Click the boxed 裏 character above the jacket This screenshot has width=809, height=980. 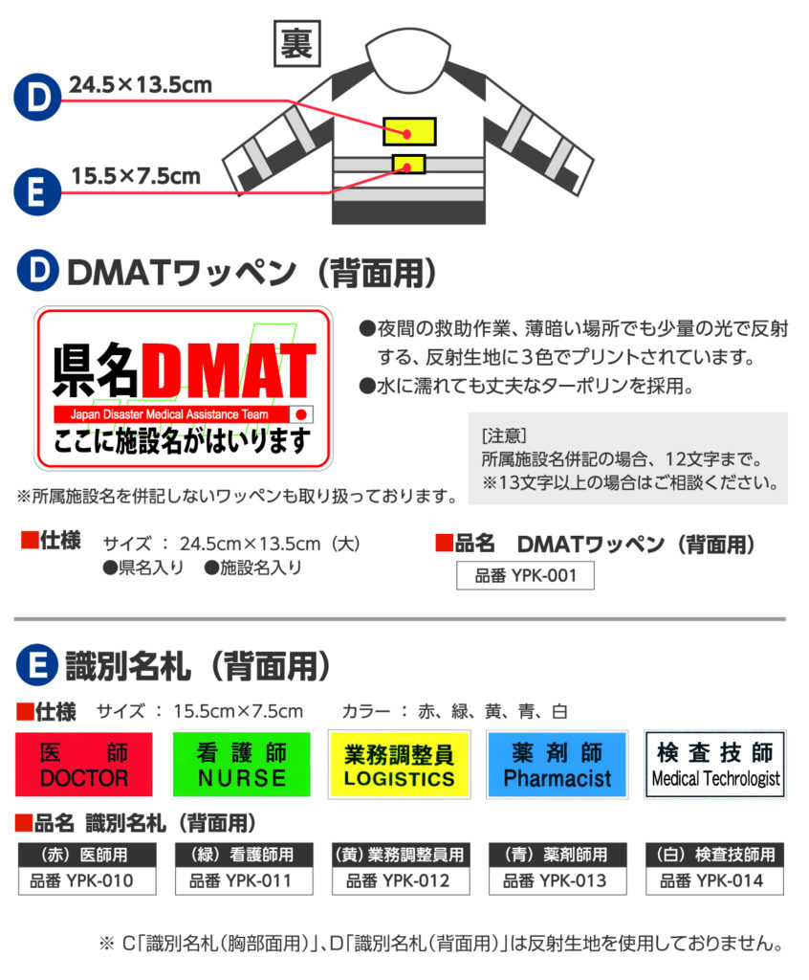point(296,43)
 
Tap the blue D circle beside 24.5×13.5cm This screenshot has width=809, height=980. point(37,97)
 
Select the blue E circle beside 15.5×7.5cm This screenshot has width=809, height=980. point(37,191)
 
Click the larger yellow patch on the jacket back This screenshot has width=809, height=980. point(409,130)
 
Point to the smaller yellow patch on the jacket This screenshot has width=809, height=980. point(408,165)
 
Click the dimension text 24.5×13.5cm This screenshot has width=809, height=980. point(141,85)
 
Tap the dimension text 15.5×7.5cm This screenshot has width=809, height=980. point(136,176)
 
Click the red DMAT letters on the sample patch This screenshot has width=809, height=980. point(229,371)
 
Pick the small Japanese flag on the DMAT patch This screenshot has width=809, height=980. point(301,414)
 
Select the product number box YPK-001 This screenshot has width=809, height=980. point(525,575)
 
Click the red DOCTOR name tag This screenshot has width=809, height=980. point(84,765)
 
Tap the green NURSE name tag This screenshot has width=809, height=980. point(241,765)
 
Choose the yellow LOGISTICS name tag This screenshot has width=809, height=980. point(399,765)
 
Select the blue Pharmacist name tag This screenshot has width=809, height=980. point(558,765)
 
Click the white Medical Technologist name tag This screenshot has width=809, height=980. point(715,765)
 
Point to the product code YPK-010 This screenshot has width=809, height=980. point(81,880)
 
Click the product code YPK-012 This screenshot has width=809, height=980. point(398,880)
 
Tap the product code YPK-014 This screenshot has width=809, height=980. point(711,880)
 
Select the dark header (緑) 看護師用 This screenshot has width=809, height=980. point(244,855)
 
